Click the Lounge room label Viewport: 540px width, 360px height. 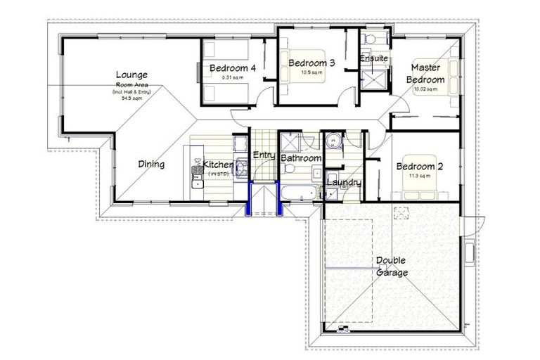click(131, 75)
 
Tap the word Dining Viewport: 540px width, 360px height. click(150, 165)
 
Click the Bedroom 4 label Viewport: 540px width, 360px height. click(232, 68)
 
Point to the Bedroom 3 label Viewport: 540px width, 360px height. click(311, 63)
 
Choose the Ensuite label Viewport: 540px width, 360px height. click(373, 58)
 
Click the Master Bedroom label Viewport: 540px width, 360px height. click(427, 74)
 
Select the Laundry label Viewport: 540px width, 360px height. click(344, 183)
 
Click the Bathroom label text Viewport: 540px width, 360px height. click(300, 159)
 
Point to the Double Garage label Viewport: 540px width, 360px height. click(392, 266)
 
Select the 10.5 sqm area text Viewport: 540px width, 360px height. click(311, 72)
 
